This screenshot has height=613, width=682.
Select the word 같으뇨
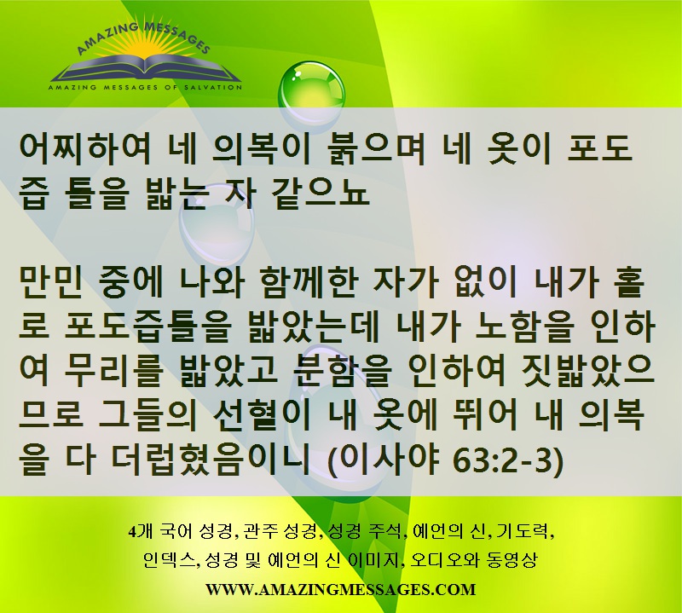(x=318, y=194)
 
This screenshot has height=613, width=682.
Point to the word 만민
(x=50, y=283)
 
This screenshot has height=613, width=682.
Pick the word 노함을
(x=523, y=328)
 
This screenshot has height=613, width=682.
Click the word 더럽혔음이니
(x=210, y=462)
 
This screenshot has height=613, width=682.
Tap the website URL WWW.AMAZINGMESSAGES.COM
(x=340, y=590)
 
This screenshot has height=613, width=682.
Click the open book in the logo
(x=146, y=70)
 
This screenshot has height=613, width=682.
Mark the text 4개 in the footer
(x=140, y=532)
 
